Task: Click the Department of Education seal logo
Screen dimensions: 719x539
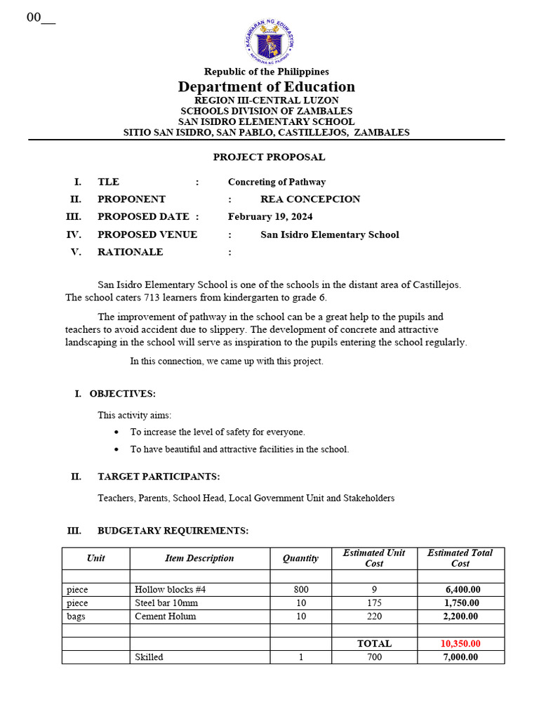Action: (x=269, y=41)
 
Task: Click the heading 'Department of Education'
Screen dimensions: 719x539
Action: (x=267, y=87)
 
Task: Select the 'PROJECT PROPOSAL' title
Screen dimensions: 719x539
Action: (x=269, y=157)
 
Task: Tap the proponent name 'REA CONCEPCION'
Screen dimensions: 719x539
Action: (x=310, y=199)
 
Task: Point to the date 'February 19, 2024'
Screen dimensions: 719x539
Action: (x=270, y=217)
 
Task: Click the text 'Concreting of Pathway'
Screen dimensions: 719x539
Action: (x=277, y=182)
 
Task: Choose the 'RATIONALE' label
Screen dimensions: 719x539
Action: (x=131, y=252)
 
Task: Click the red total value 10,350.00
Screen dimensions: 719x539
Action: (x=460, y=644)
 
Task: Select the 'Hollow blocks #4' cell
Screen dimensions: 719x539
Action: (x=170, y=590)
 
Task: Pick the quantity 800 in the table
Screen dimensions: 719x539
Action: (x=300, y=590)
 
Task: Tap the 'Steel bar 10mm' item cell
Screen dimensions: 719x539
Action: (x=166, y=603)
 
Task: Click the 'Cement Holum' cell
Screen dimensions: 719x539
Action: (x=166, y=616)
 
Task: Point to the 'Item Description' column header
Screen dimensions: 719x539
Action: (x=199, y=559)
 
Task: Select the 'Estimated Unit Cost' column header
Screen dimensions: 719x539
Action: (x=374, y=558)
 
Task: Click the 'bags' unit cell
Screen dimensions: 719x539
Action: (x=76, y=616)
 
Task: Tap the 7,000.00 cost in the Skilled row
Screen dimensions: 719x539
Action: (x=460, y=657)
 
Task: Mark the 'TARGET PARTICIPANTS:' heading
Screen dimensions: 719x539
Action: (x=159, y=477)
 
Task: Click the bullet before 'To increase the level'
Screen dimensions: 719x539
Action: (x=117, y=433)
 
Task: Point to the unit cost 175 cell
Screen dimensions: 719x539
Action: (x=374, y=603)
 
